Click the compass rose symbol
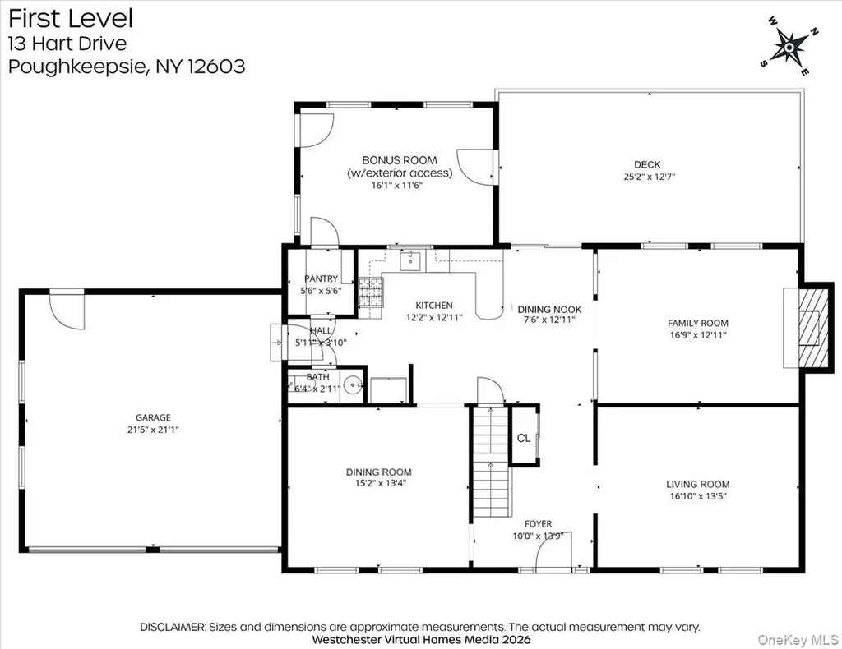(x=789, y=47)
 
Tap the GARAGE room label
(x=153, y=417)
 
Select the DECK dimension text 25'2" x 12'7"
(x=649, y=177)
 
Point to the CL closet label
(x=524, y=438)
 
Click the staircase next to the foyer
(x=490, y=463)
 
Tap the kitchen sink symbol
(x=412, y=261)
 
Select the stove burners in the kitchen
(x=371, y=292)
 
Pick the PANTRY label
(x=321, y=278)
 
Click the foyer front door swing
(x=554, y=550)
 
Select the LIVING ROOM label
(x=697, y=485)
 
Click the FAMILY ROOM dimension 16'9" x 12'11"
(x=697, y=334)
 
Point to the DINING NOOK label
(x=549, y=310)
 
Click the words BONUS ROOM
(x=400, y=160)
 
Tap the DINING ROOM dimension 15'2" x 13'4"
(x=378, y=483)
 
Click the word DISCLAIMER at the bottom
(x=173, y=627)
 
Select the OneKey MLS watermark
(x=798, y=640)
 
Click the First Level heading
(x=71, y=19)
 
